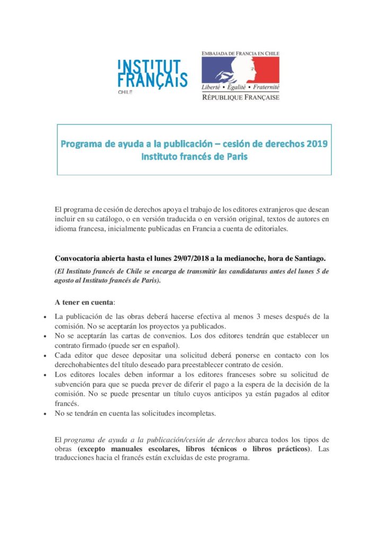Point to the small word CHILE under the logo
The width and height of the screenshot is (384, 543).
pos(125,91)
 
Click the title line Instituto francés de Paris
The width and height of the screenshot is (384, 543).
pos(194,156)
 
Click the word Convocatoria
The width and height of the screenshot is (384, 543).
pos(79,258)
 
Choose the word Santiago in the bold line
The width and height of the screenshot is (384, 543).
pos(309,258)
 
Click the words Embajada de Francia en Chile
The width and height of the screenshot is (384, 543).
pos(240,53)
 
